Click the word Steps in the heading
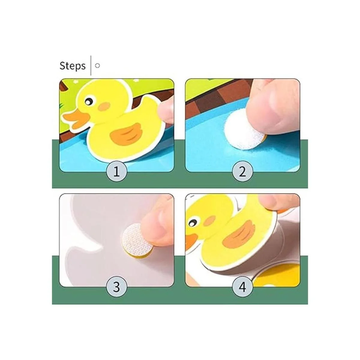73,66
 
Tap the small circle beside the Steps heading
97,66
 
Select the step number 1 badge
117,171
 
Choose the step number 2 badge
242,171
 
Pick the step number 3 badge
117,288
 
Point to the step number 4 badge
242,288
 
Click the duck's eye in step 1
89,101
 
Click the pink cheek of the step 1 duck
104,106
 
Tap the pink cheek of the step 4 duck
209,222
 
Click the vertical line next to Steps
91,65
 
